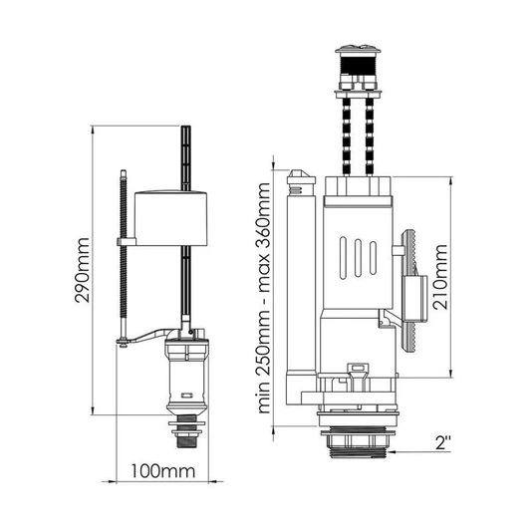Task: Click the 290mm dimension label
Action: click(x=83, y=270)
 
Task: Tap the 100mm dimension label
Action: click(x=163, y=471)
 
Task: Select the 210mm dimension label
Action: click(x=440, y=277)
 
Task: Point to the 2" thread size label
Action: click(x=442, y=442)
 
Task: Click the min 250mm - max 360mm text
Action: click(x=264, y=298)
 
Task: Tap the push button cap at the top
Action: click(x=359, y=50)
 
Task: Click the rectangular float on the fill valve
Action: click(x=170, y=218)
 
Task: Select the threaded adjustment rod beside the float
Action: click(x=124, y=257)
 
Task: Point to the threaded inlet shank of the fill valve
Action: click(x=186, y=432)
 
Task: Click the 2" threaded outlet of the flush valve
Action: click(x=358, y=443)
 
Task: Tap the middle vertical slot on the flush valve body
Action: click(x=358, y=258)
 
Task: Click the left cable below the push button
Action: click(x=347, y=135)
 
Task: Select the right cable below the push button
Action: click(x=370, y=135)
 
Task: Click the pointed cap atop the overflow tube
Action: click(x=301, y=176)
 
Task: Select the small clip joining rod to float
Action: click(x=127, y=242)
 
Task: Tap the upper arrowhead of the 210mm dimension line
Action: click(x=450, y=180)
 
